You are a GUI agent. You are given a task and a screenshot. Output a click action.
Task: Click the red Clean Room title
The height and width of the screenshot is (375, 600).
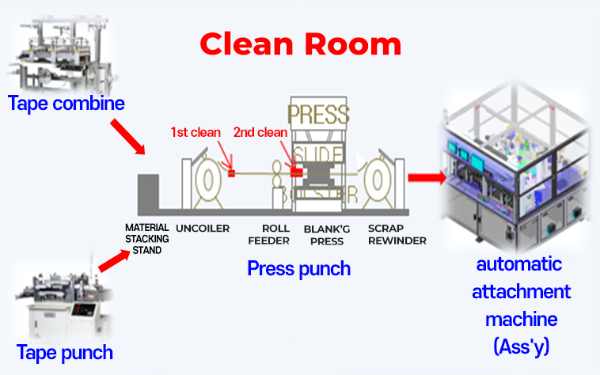pyautogui.click(x=300, y=44)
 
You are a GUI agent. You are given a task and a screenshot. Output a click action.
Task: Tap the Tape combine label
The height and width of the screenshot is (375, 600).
pyautogui.click(x=66, y=103)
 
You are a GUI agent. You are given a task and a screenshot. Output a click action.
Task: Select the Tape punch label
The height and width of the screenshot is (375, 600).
pyautogui.click(x=65, y=352)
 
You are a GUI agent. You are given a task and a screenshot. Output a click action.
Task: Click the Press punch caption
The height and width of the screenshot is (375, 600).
pyautogui.click(x=298, y=268)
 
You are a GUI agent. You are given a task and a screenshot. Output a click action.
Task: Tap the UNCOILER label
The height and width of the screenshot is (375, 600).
pyautogui.click(x=203, y=229)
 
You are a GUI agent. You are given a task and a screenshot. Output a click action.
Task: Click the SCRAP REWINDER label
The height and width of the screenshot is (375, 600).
pyautogui.click(x=397, y=234)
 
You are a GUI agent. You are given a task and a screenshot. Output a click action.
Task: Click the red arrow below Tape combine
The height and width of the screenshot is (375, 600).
pyautogui.click(x=128, y=135)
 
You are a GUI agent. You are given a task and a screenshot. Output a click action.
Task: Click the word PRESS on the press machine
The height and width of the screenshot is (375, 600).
pyautogui.click(x=317, y=114)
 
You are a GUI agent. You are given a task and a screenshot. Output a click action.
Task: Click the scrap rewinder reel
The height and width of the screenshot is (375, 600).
pyautogui.click(x=378, y=181)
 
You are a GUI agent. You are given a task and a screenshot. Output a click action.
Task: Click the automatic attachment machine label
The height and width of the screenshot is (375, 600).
pyautogui.click(x=521, y=304)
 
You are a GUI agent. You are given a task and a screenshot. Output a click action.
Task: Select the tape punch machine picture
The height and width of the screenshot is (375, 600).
pyautogui.click(x=60, y=300)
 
